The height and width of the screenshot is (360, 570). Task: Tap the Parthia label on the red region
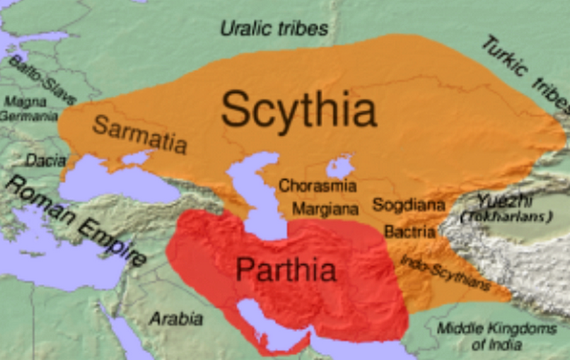[286, 270]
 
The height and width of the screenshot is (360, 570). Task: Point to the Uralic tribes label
[274, 29]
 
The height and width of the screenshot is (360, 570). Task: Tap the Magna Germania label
[29, 108]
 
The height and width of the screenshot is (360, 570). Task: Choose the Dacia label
[42, 160]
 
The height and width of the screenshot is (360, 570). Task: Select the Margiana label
[325, 210]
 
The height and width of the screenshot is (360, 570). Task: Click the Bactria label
[409, 232]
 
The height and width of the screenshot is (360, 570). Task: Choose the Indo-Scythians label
[445, 271]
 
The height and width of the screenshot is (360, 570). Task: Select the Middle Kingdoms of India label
[497, 336]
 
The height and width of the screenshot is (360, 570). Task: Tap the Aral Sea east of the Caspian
[340, 168]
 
